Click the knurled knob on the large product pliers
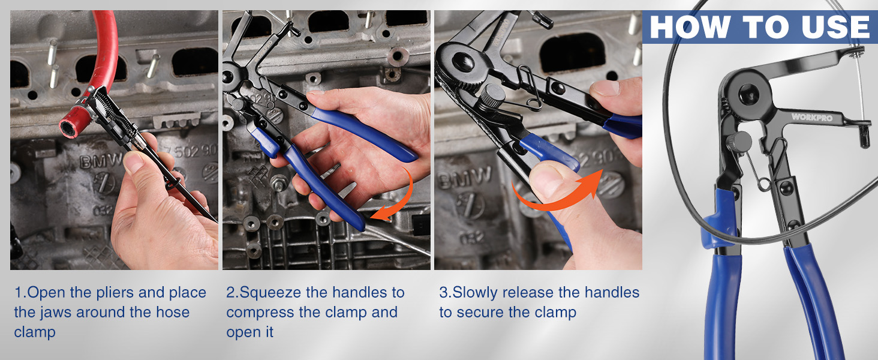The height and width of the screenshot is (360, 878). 740,143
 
